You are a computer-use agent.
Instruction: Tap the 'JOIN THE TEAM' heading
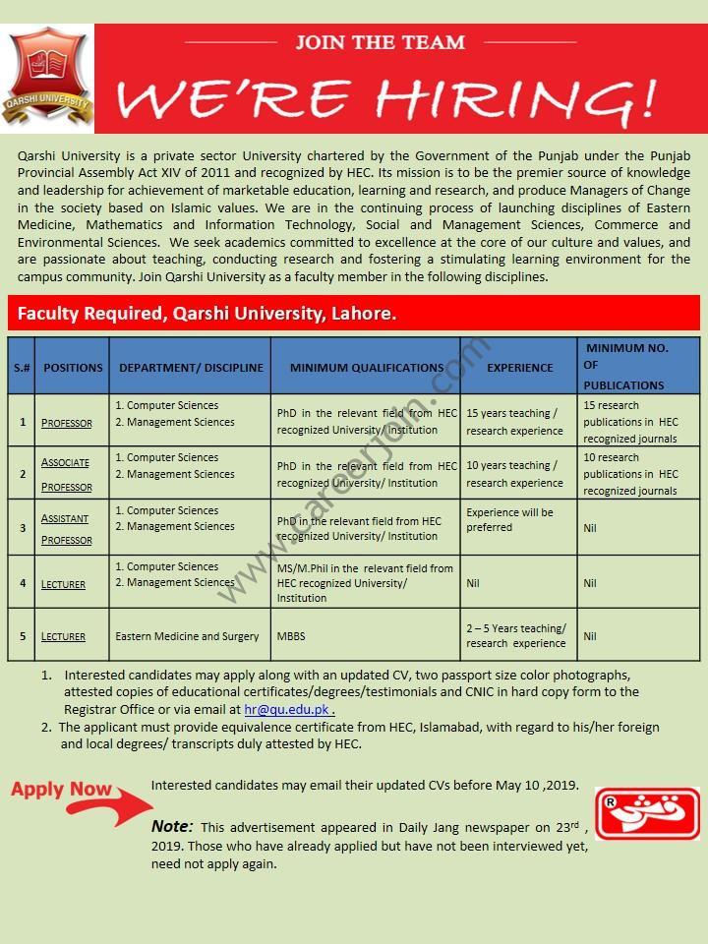click(x=381, y=42)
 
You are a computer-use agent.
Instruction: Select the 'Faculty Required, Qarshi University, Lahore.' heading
click(x=206, y=314)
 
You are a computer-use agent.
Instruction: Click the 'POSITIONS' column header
click(x=73, y=367)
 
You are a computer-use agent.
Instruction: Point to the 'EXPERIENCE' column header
click(x=519, y=367)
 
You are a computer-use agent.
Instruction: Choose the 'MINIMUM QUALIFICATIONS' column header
click(x=366, y=367)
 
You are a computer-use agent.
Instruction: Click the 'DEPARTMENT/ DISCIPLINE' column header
click(x=191, y=367)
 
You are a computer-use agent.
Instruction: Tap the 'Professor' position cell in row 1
click(x=67, y=423)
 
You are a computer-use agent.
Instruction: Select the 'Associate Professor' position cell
click(x=66, y=474)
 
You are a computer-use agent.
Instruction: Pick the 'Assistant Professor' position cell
click(x=66, y=528)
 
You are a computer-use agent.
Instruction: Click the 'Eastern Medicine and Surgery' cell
click(x=187, y=636)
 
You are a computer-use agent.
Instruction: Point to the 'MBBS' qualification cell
click(x=291, y=636)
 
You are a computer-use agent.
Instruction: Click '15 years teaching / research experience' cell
click(x=514, y=422)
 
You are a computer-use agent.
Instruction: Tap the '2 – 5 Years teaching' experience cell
click(x=516, y=635)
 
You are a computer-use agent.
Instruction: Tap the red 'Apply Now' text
click(x=61, y=789)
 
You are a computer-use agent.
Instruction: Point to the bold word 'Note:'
click(x=172, y=826)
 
